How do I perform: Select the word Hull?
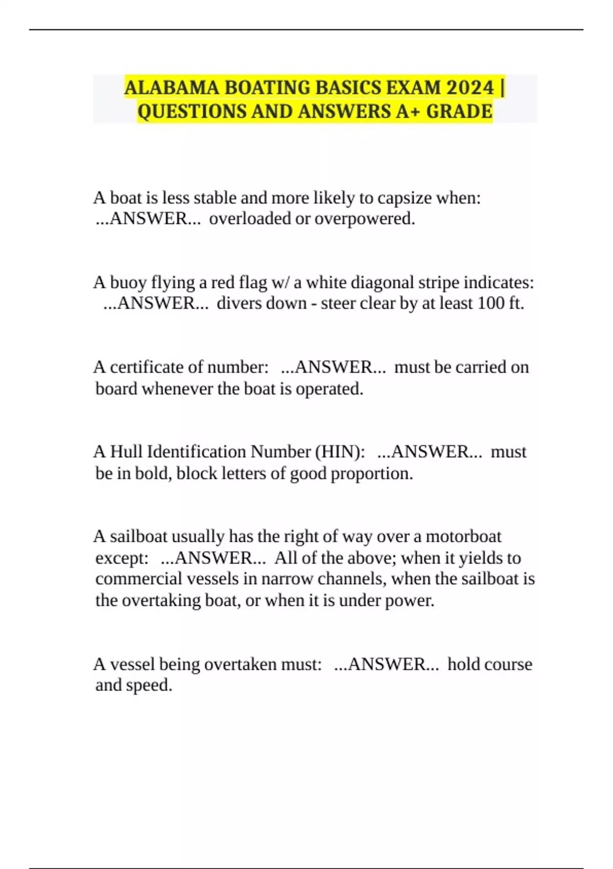126,452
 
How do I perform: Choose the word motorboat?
463,537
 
